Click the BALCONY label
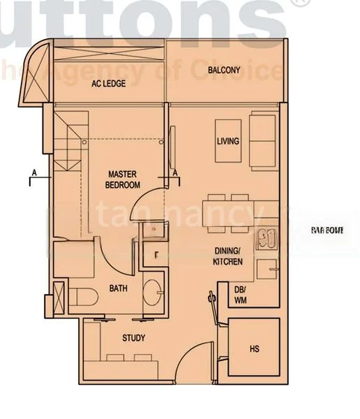pyautogui.click(x=224, y=70)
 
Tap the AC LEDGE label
pyautogui.click(x=110, y=84)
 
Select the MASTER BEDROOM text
pyautogui.click(x=123, y=179)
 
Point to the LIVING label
pyautogui.click(x=227, y=141)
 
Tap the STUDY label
pyautogui.click(x=133, y=339)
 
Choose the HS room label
pyautogui.click(x=254, y=348)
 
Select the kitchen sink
pyautogui.click(x=267, y=240)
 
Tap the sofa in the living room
pyautogui.click(x=262, y=138)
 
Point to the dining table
pyautogui.click(x=231, y=213)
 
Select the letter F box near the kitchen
pyautogui.click(x=156, y=255)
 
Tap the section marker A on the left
pyautogui.click(x=33, y=171)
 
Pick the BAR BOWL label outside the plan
pyautogui.click(x=324, y=230)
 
